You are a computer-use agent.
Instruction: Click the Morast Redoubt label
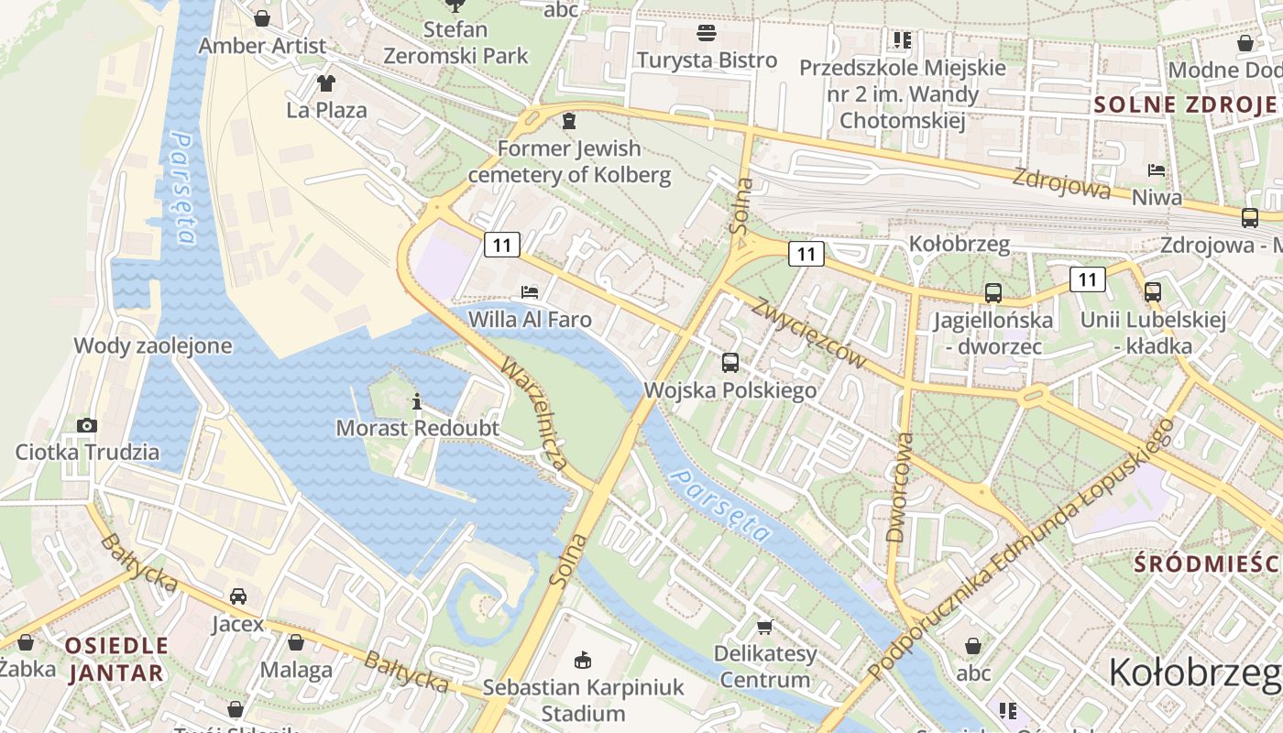[x=417, y=428]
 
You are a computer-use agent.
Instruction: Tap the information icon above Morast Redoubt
[x=417, y=401]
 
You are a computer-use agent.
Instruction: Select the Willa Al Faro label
[x=530, y=320]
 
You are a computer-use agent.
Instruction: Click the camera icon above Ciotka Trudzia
[x=87, y=425]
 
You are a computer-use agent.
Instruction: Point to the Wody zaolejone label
[x=153, y=346]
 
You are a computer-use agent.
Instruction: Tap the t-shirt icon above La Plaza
[x=326, y=83]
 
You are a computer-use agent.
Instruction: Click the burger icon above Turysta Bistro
[x=707, y=34]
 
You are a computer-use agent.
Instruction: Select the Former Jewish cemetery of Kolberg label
[x=570, y=161]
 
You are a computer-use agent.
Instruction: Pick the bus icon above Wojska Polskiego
[x=730, y=363]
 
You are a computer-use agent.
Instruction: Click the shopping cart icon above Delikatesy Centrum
[x=765, y=627]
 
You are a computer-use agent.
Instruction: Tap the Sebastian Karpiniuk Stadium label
[x=583, y=700]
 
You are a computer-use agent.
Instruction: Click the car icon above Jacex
[x=238, y=596]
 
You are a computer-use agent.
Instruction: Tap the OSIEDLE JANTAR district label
[x=115, y=659]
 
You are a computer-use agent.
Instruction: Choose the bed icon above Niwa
[x=1157, y=170]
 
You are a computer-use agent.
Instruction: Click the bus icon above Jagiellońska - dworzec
[x=993, y=293]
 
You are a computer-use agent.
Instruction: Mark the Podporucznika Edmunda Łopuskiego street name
[x=1020, y=551]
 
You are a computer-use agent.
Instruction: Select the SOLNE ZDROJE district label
[x=1186, y=104]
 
